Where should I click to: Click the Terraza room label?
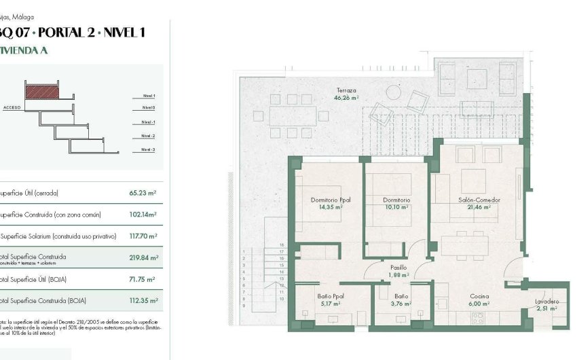(x=346, y=90)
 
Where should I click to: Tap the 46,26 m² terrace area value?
(x=346, y=98)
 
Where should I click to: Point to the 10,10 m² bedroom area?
(x=396, y=208)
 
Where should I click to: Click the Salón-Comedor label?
(x=474, y=200)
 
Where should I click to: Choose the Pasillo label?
(x=399, y=268)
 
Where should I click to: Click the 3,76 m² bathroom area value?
(x=401, y=304)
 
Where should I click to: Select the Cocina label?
(x=481, y=297)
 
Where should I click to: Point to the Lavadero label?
(x=546, y=301)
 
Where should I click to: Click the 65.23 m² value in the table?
(x=143, y=193)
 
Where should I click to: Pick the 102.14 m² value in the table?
(x=143, y=215)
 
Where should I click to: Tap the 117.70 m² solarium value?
(x=143, y=236)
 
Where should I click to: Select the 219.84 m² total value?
(x=143, y=258)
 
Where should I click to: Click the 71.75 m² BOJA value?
(x=143, y=279)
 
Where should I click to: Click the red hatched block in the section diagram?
(x=42, y=89)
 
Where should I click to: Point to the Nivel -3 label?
(x=148, y=149)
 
